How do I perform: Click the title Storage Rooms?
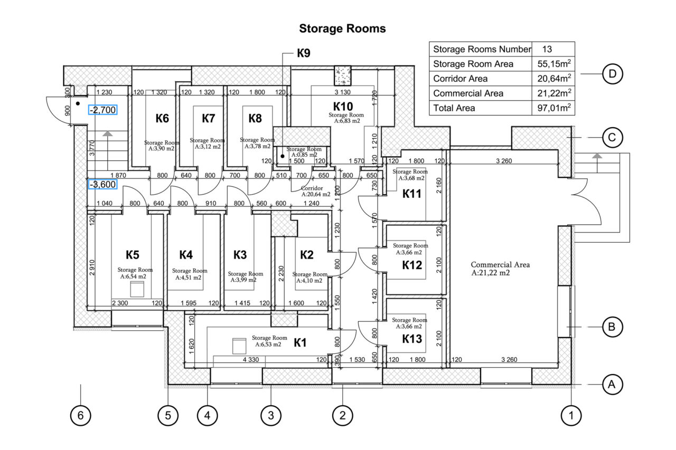click(342, 28)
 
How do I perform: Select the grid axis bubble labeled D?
click(612, 74)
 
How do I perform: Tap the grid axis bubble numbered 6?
click(80, 415)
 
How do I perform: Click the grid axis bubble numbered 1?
click(571, 415)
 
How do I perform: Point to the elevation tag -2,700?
click(102, 110)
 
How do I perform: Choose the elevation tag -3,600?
click(102, 185)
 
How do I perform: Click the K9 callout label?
click(303, 53)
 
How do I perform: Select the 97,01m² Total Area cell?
click(552, 108)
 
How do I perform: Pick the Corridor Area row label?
click(460, 79)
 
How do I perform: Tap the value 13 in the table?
click(547, 49)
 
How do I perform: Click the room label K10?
click(342, 105)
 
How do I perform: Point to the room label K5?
click(133, 255)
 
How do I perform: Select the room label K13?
click(412, 339)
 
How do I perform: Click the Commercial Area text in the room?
click(500, 265)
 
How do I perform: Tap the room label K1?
click(300, 343)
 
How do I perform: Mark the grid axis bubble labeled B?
click(612, 327)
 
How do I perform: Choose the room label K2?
click(307, 255)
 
